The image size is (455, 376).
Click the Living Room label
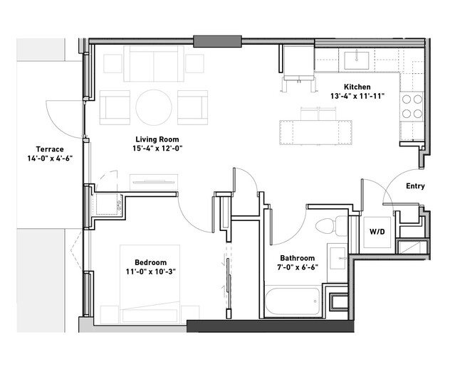[x=157, y=139]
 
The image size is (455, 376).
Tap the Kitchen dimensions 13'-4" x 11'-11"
[x=357, y=96]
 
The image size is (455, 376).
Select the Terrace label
[x=50, y=149]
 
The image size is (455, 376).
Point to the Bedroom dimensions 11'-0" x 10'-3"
[x=151, y=272]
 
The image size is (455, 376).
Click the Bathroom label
[x=298, y=258]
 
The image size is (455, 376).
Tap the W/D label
[x=377, y=232]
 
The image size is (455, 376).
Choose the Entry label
[x=415, y=186]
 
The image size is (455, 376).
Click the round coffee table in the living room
[x=154, y=107]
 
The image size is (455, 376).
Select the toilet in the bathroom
[x=331, y=225]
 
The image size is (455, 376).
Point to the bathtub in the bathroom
[x=293, y=301]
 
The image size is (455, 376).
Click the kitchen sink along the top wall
[x=356, y=60]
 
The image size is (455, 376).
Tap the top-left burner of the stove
[x=407, y=100]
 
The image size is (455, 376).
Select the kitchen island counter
[x=315, y=132]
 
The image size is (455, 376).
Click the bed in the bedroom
[x=150, y=284]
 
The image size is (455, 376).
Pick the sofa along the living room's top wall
[x=154, y=64]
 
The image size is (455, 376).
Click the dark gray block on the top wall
[x=217, y=41]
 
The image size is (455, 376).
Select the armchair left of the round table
[x=115, y=107]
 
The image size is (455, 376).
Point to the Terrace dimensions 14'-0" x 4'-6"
[x=50, y=159]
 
